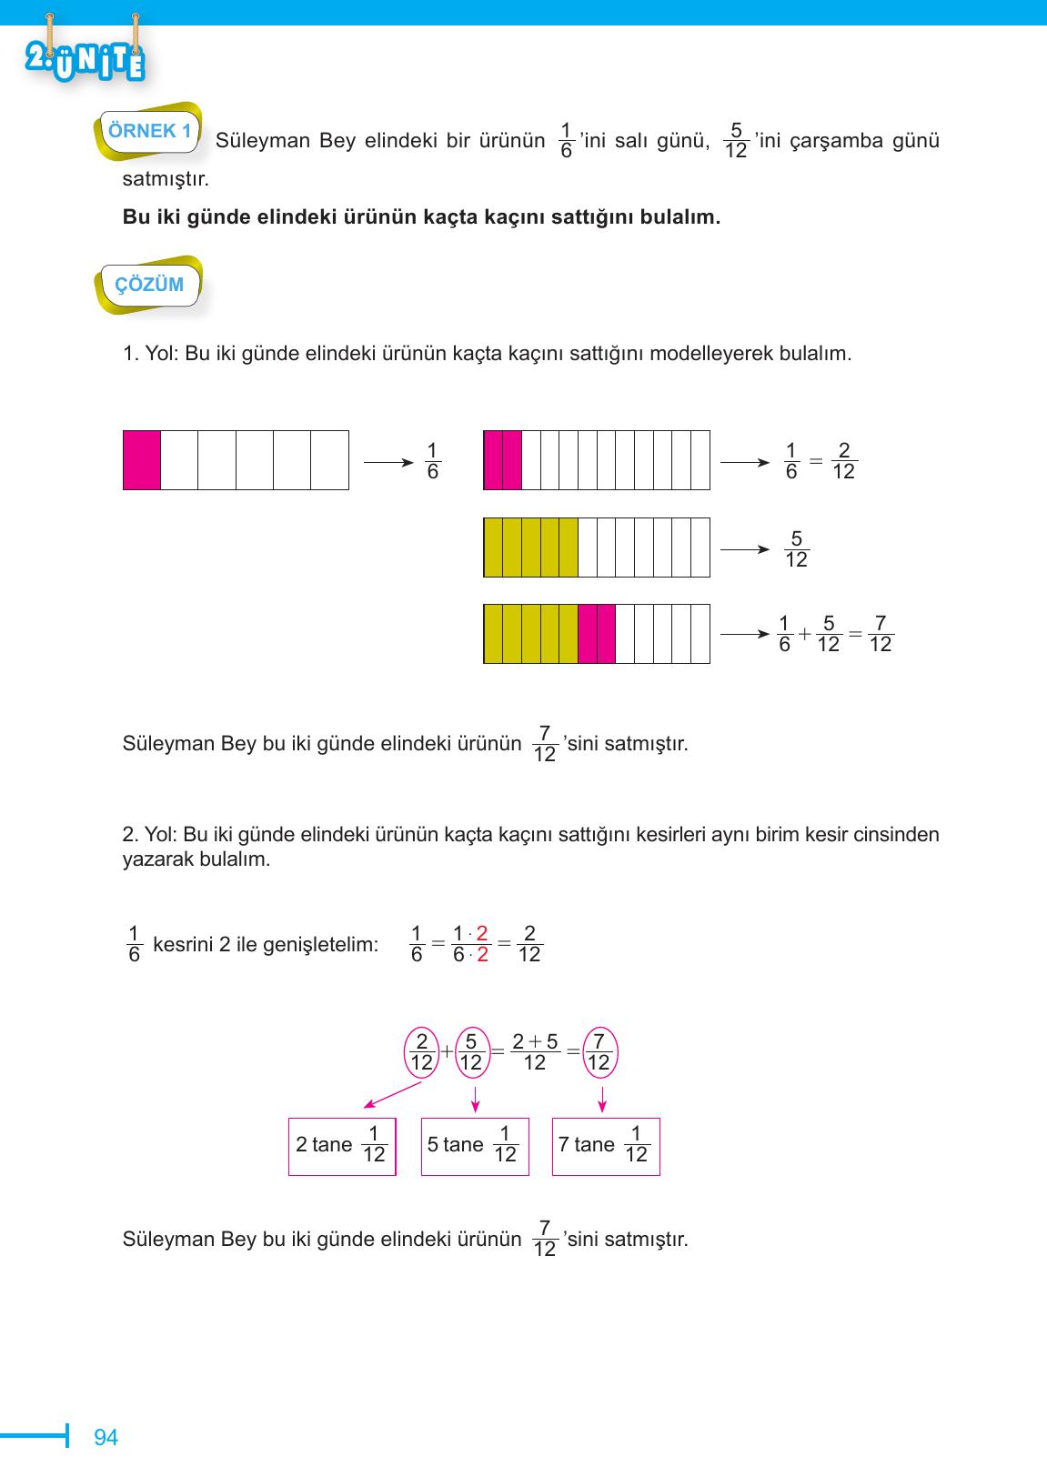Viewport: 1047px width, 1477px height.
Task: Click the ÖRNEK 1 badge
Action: point(149,131)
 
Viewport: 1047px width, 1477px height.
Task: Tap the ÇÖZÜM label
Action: point(149,285)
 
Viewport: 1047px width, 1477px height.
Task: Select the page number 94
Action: point(106,1438)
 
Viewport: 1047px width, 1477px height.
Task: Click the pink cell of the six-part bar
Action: point(142,460)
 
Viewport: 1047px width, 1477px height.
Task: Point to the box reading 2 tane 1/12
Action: point(342,1146)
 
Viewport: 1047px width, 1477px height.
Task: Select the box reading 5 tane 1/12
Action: point(475,1146)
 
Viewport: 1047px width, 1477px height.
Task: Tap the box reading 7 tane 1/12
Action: point(606,1146)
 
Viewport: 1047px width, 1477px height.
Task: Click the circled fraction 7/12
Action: point(599,1052)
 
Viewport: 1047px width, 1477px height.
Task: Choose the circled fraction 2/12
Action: point(421,1052)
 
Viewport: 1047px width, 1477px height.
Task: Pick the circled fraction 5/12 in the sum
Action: point(470,1052)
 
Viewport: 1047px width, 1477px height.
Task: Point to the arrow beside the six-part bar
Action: point(388,461)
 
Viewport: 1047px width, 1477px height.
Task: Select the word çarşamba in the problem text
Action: point(831,141)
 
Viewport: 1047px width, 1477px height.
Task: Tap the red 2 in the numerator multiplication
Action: point(482,932)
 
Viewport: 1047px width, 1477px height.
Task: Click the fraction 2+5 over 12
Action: point(535,1052)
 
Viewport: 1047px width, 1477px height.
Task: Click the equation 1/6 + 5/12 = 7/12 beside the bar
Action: point(835,635)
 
